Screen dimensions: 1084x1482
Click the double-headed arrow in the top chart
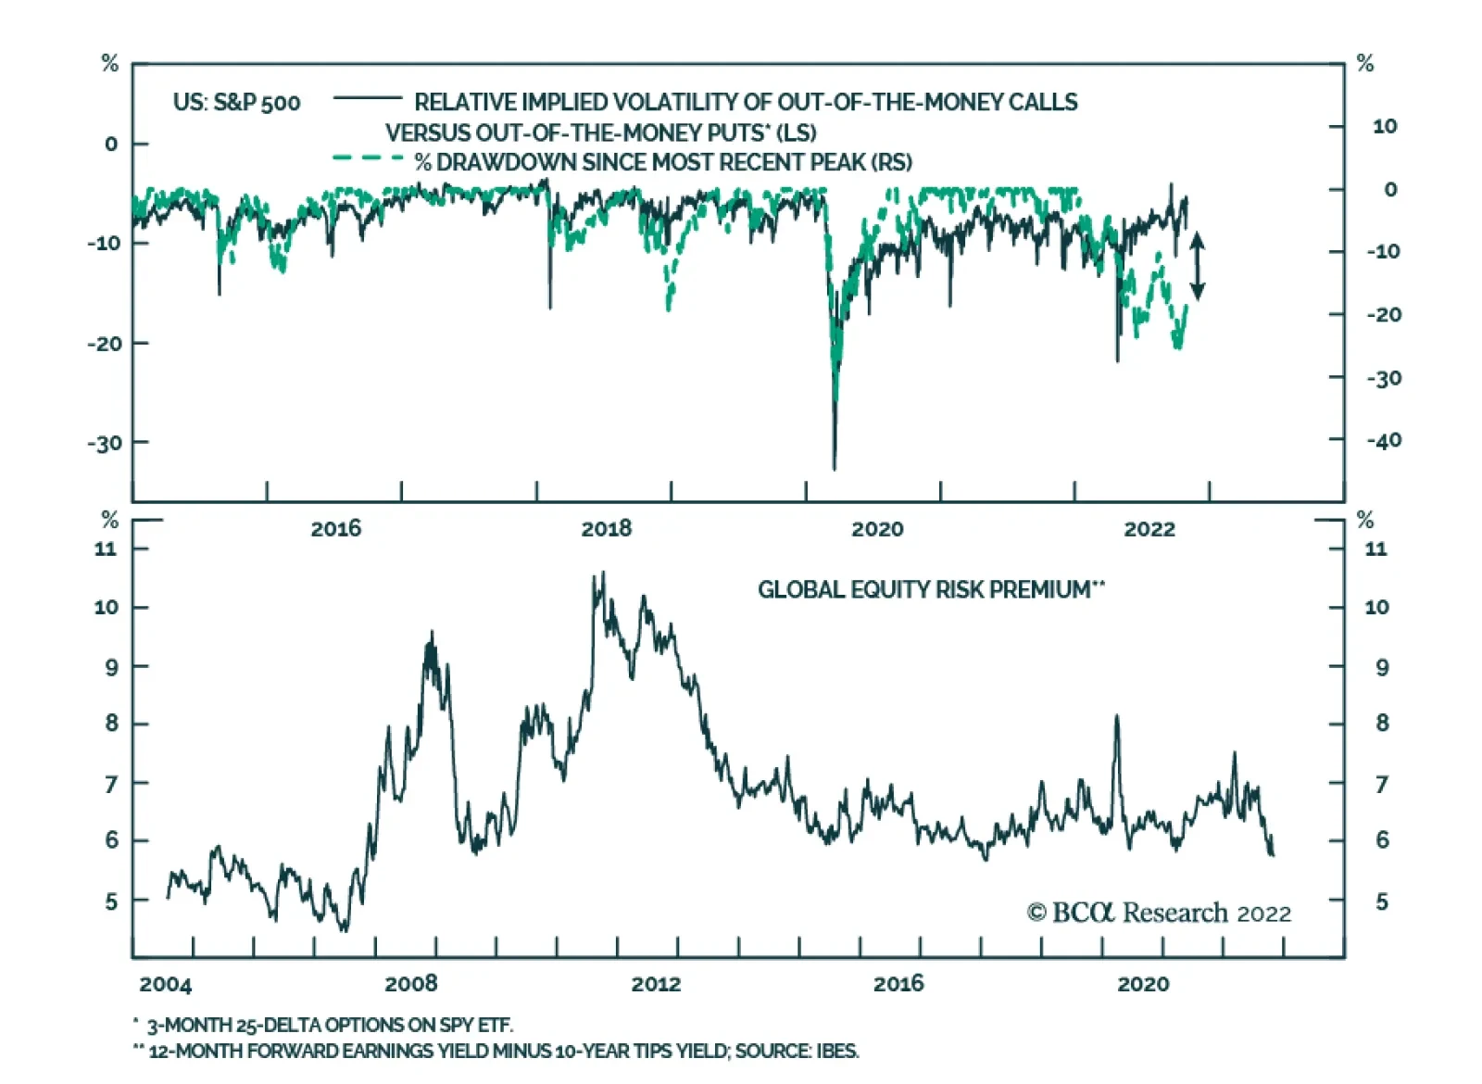pos(1197,266)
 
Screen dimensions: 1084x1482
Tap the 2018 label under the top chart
pos(606,529)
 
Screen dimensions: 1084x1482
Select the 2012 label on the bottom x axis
pos(656,984)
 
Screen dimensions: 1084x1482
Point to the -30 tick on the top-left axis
pos(105,443)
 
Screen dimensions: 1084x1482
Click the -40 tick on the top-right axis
pos(1384,441)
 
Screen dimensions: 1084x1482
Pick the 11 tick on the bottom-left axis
pos(107,548)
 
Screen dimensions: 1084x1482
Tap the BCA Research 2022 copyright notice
pos(1159,914)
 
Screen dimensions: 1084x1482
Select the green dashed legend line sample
pos(368,158)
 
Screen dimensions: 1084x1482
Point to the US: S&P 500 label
pos(236,103)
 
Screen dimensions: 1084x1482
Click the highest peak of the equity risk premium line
pos(603,574)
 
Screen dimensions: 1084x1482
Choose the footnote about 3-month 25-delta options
pos(329,1025)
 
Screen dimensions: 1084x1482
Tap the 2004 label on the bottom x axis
pos(165,984)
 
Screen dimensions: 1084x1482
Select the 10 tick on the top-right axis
pos(1384,126)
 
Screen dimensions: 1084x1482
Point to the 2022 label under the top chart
pos(1149,529)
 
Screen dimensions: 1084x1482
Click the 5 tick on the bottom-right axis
pos(1382,901)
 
